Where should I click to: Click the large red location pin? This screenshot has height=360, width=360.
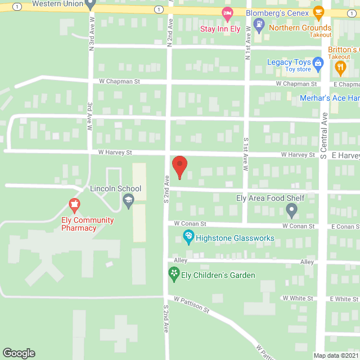click(179, 166)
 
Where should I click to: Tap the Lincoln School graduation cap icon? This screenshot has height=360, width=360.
click(128, 200)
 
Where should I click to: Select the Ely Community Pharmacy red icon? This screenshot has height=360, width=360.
click(74, 204)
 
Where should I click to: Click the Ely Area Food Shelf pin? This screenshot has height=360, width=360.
click(291, 210)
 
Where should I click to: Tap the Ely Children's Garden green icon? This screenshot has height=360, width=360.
click(174, 274)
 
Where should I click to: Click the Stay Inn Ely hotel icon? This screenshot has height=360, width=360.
click(227, 13)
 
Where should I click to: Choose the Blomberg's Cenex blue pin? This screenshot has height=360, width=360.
click(259, 24)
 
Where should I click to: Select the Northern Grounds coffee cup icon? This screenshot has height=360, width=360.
click(318, 12)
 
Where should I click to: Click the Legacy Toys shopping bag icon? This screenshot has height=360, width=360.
click(318, 63)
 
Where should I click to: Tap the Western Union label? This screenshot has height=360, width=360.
click(56, 4)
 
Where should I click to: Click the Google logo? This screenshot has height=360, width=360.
click(18, 353)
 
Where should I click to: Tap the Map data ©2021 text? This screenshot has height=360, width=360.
click(335, 355)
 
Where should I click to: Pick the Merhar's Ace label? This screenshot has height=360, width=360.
click(329, 98)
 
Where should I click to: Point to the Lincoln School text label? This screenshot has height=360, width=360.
click(115, 189)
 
